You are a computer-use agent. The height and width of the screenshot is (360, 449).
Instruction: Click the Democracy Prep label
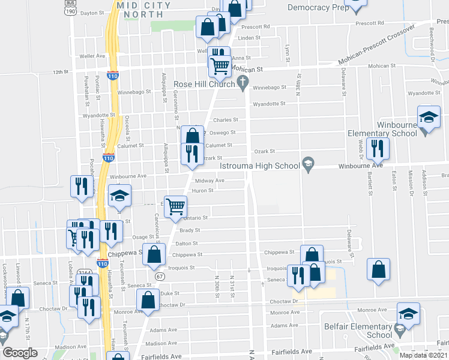[318, 8]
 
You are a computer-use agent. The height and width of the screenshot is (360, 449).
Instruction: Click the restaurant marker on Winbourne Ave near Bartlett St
[377, 149]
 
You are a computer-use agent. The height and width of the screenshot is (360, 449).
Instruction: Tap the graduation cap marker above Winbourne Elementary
[429, 118]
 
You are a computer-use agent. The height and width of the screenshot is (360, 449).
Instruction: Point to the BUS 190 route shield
[70, 7]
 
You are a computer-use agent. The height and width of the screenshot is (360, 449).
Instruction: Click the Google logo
[20, 353]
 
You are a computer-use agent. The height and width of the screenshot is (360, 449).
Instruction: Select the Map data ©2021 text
[423, 355]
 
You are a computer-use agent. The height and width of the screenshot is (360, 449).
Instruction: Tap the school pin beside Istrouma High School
[308, 163]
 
